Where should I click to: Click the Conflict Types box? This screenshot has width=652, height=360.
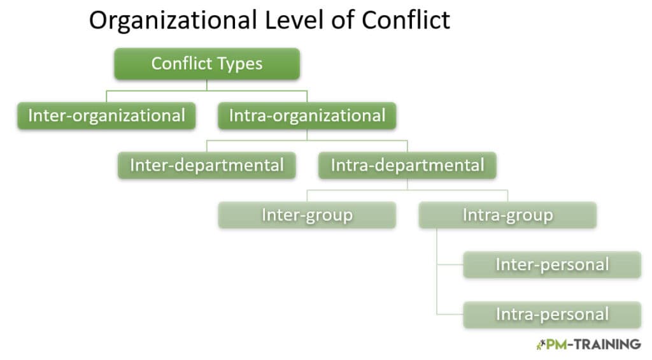click(207, 64)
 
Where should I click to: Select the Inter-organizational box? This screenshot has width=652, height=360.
click(106, 116)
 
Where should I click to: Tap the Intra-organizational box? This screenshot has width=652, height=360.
click(307, 116)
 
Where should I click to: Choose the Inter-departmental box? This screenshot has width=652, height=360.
click(207, 165)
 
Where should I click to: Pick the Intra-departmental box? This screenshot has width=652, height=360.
click(407, 165)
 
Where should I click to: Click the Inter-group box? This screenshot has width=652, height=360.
click(307, 215)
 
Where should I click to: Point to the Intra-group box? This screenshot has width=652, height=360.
click(507, 215)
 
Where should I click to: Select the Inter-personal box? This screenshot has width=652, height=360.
click(552, 264)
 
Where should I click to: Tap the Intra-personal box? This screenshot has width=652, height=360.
click(552, 315)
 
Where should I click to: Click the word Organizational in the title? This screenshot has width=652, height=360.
click(173, 21)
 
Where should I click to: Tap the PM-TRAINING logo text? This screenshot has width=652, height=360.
click(593, 345)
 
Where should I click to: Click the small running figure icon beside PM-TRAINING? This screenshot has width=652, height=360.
click(541, 345)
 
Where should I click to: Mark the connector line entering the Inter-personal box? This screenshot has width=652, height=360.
click(450, 264)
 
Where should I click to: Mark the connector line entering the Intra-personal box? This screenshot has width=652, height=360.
click(450, 314)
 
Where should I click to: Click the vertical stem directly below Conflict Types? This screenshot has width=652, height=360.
click(207, 85)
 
